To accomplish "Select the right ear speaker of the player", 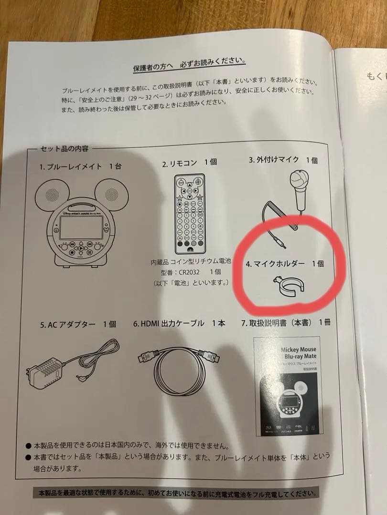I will coord(108,192).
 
